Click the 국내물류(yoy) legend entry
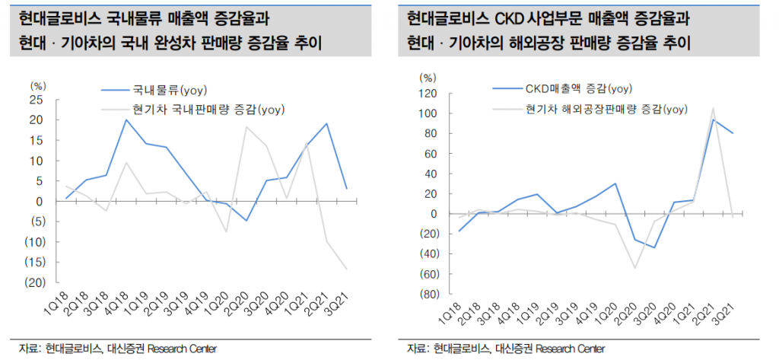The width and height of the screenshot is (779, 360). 164,89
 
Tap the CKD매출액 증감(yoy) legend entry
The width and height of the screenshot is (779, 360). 572,89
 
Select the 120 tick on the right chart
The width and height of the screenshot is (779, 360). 425,94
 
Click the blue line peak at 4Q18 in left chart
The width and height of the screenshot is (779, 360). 126,119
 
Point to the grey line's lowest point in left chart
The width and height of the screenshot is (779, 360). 347,269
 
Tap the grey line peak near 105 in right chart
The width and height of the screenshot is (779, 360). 714,109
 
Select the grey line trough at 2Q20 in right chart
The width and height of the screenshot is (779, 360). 634,268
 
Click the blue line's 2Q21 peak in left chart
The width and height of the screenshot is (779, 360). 327,123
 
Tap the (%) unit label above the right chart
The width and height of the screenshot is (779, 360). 429,77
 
